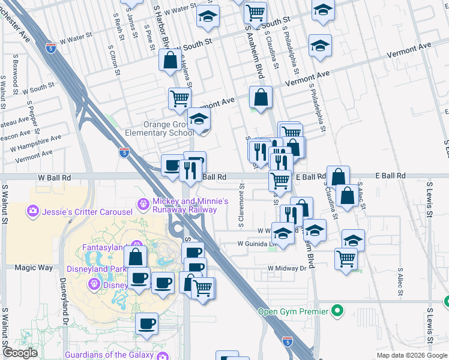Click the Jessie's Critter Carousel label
pos(86,211)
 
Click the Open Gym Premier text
pos(293,311)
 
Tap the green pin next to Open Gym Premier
pos(337,311)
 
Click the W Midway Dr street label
pos(287,268)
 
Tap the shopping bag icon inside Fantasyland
pos(136,256)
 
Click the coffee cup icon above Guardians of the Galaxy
pos(146,324)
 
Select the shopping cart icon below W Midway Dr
pos(346,259)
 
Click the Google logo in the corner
pos(20,353)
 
